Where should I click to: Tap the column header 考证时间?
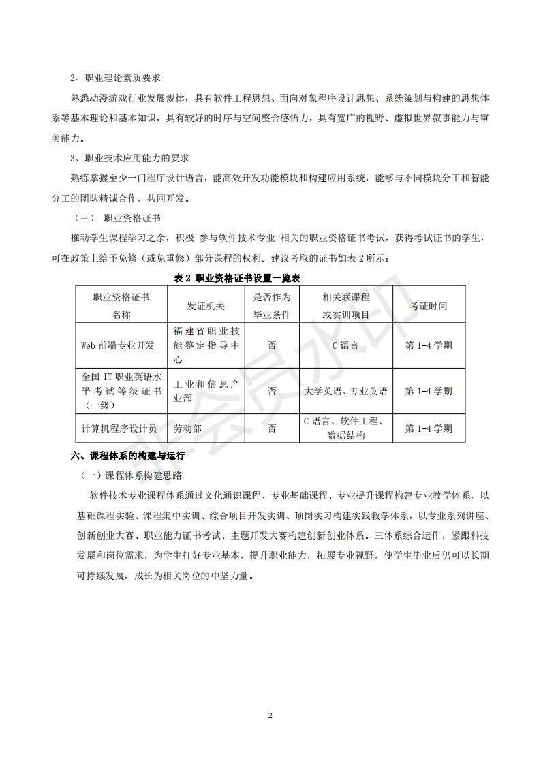click(429, 305)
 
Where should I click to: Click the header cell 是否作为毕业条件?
click(272, 305)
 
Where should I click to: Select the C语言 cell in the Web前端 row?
click(345, 345)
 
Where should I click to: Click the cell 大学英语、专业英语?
click(345, 391)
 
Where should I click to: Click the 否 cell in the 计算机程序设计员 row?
click(272, 428)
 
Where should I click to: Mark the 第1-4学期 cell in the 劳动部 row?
click(429, 428)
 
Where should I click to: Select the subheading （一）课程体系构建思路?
click(134, 475)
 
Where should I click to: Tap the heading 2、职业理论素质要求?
click(115, 78)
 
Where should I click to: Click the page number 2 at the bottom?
click(270, 715)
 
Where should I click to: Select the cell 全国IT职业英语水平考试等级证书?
click(121, 391)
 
